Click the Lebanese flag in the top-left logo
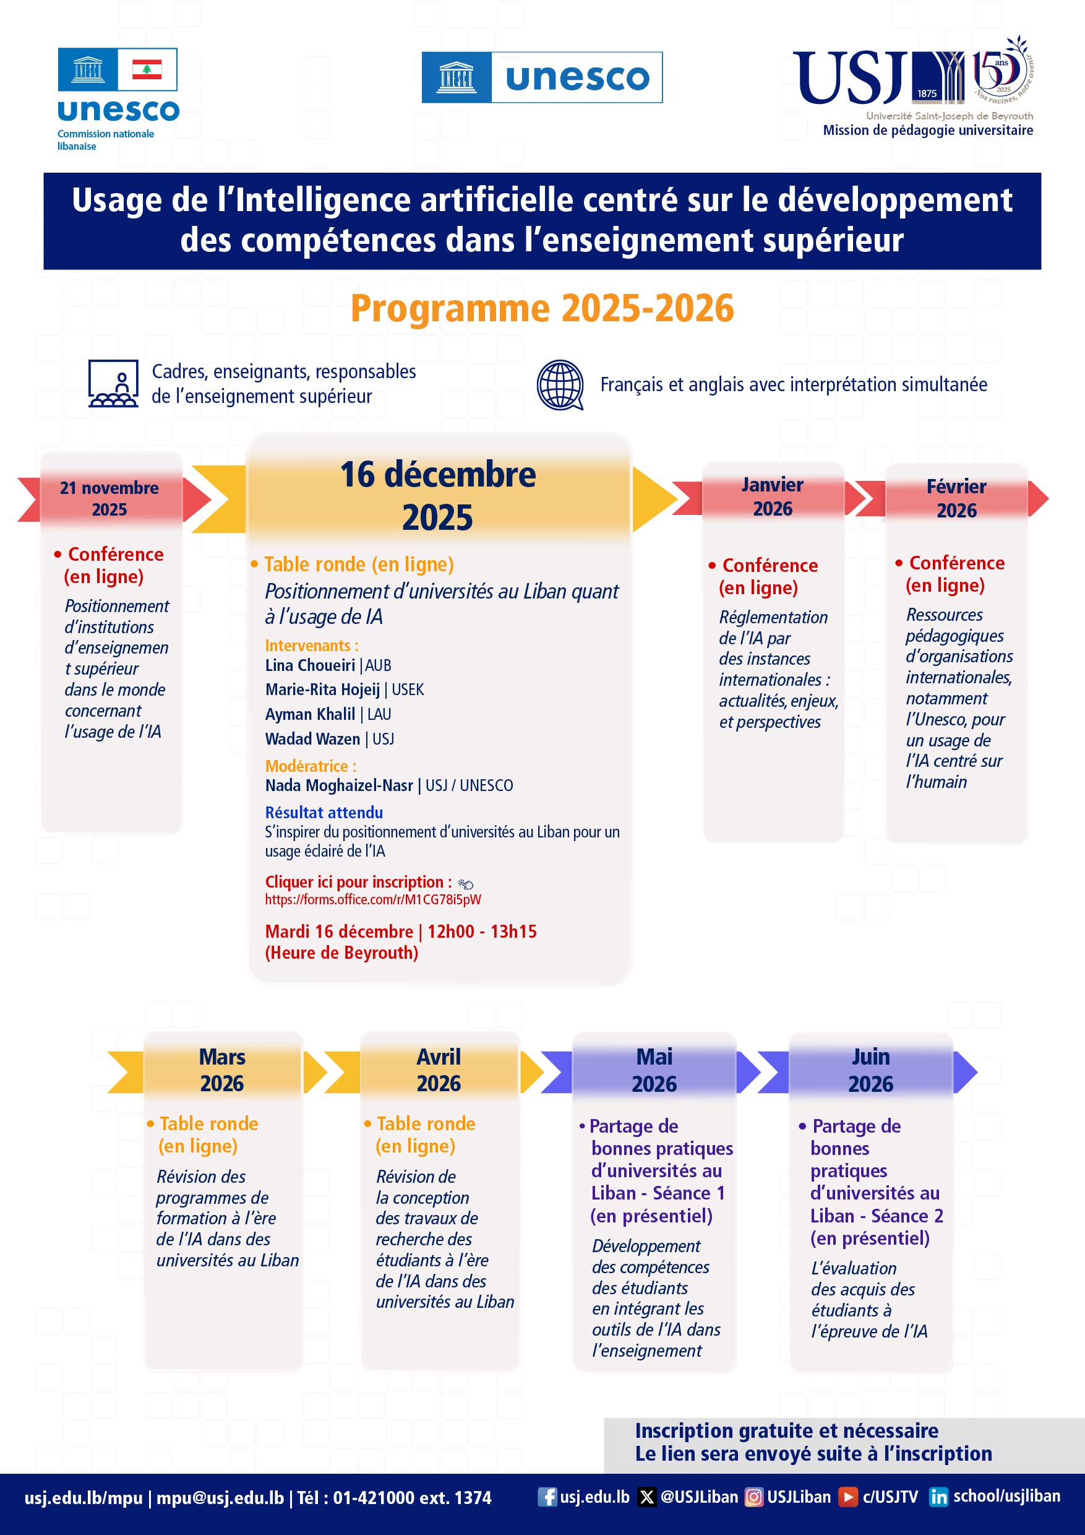[x=147, y=69]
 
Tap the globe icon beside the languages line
[x=560, y=384]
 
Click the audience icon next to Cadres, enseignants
[x=113, y=384]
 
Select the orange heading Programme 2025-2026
[x=542, y=308]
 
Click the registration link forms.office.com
[x=373, y=899]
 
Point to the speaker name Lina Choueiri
[x=310, y=665]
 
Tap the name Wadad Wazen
[x=312, y=739]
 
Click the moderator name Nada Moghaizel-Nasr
[x=339, y=785]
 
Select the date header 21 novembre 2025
[x=109, y=499]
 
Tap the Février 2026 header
[x=956, y=498]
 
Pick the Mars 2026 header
[x=223, y=1070]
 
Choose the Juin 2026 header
[x=870, y=1070]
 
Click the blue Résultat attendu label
[x=324, y=812]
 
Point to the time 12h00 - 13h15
[x=482, y=932]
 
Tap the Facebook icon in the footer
[x=547, y=1496]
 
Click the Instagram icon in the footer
[x=753, y=1496]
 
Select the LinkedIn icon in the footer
[x=938, y=1496]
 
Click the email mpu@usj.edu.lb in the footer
[x=220, y=1498]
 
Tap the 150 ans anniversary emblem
[x=1003, y=69]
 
